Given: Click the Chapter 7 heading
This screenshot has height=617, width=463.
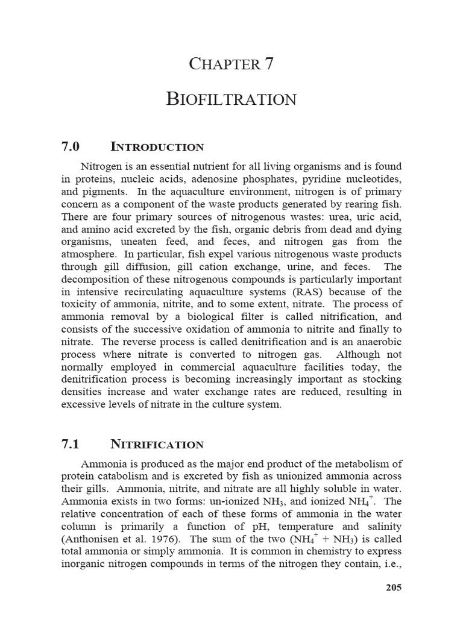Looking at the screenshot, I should [231, 63].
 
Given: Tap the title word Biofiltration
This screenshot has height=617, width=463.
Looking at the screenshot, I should [231, 99].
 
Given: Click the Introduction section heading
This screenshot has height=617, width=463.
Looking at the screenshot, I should [157, 147].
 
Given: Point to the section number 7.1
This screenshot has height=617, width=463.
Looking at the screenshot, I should [71, 445].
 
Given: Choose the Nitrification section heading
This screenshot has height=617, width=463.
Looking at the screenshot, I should [157, 445].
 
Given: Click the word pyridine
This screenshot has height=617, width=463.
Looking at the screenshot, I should [318, 179].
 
